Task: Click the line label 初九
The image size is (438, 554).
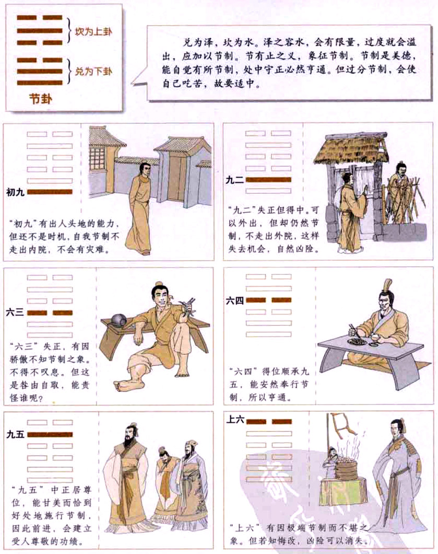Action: (x=16, y=192)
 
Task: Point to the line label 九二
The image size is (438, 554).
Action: (x=234, y=179)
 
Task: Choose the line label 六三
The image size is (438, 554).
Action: (x=16, y=313)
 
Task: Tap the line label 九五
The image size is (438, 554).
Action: (x=16, y=434)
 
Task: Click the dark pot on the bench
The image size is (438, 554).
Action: (x=114, y=320)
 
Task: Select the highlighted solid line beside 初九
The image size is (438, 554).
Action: (x=50, y=192)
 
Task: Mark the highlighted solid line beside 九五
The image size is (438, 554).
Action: (x=50, y=435)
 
